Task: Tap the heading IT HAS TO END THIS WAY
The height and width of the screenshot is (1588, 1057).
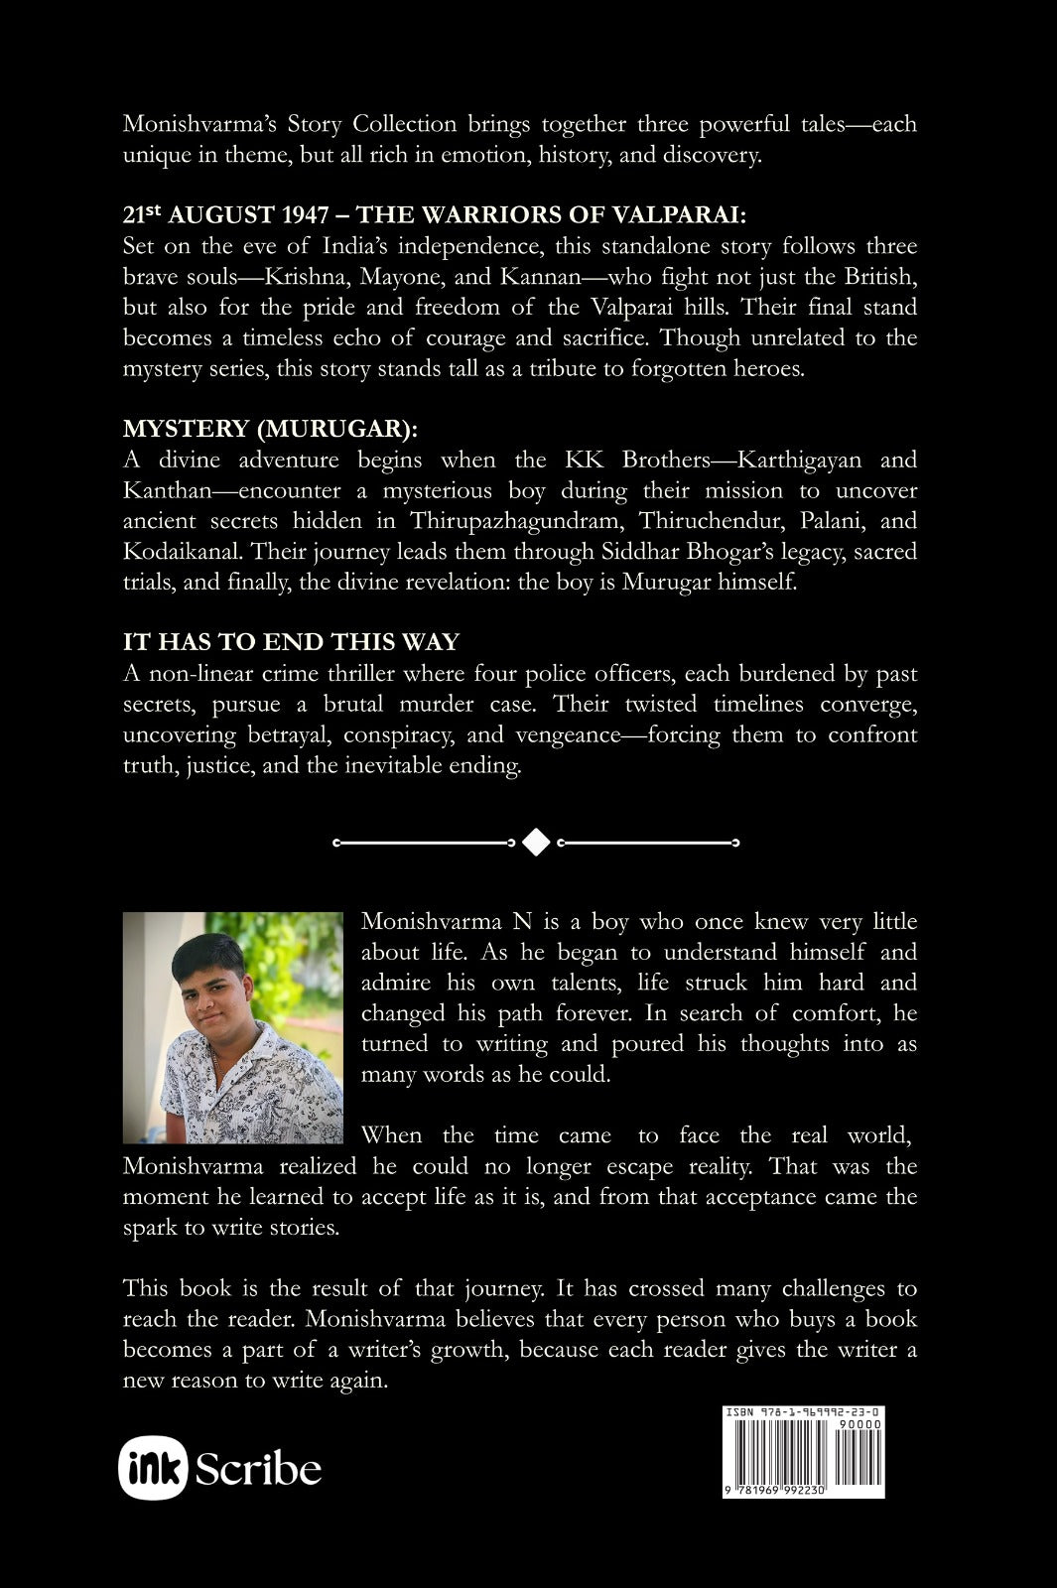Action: [291, 642]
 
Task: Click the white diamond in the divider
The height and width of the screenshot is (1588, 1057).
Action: [536, 843]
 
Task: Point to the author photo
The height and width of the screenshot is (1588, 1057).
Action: [233, 1027]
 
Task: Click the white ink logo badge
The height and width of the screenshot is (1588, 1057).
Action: [153, 1468]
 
